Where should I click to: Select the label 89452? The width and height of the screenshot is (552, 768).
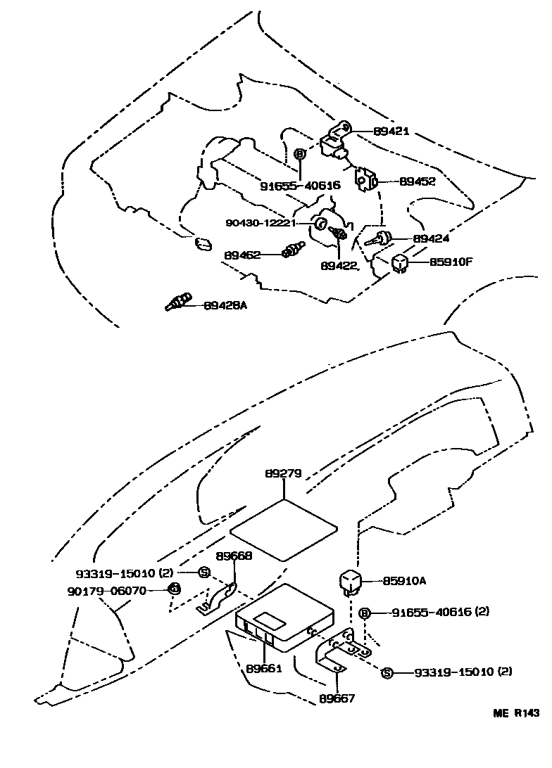(418, 181)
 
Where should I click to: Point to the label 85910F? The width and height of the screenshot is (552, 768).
(451, 262)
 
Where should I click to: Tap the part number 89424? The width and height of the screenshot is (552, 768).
(432, 238)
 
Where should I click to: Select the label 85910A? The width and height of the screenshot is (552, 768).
(405, 580)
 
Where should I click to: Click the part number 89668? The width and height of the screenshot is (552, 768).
(234, 555)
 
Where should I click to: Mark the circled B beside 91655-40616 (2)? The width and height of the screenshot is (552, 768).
(364, 613)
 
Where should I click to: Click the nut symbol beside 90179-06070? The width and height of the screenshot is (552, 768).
(174, 589)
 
